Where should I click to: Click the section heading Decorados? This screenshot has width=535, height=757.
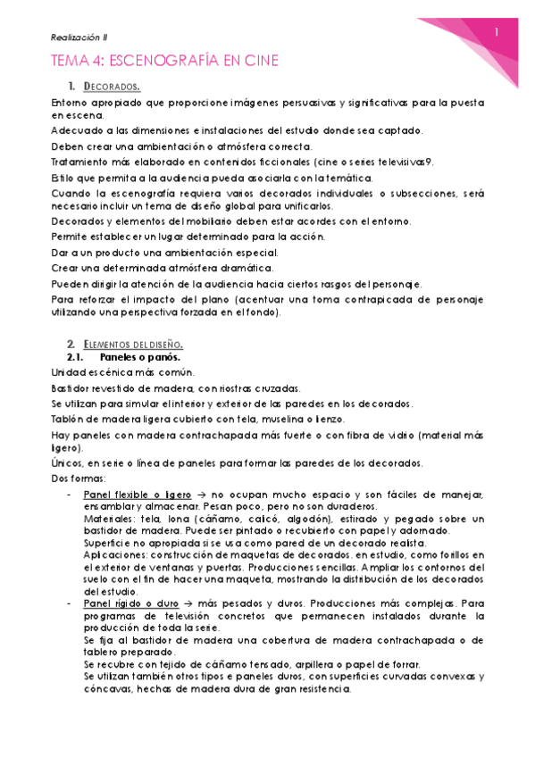112,87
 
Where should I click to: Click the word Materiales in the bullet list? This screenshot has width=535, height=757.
108,519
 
